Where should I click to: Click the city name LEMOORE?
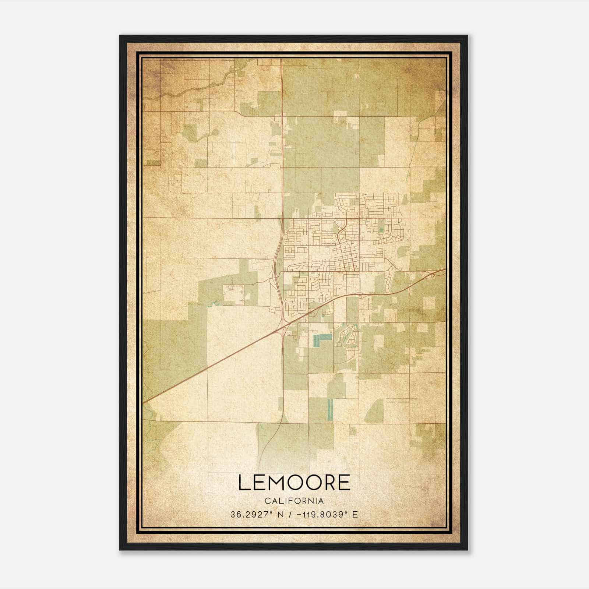click(294, 483)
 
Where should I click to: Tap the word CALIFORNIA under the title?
click(294, 501)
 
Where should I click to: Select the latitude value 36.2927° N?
click(254, 515)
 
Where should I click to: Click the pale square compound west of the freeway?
click(233, 294)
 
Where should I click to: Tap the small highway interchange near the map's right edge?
click(429, 274)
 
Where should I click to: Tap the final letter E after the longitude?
click(355, 515)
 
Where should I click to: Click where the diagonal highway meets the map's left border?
click(144, 402)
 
